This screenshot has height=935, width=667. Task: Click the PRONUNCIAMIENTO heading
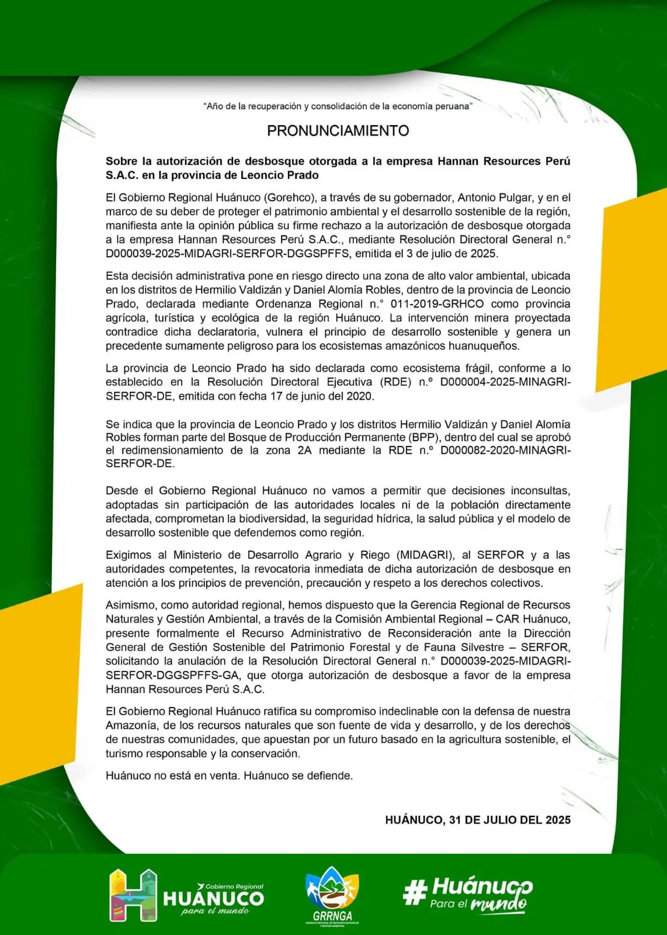click(x=338, y=130)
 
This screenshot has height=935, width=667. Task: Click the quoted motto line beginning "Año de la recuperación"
click(x=338, y=106)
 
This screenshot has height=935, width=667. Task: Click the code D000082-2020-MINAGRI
click(x=506, y=450)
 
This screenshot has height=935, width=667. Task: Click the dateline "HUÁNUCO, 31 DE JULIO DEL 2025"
click(x=478, y=820)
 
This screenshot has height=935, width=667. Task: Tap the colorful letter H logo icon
click(x=133, y=895)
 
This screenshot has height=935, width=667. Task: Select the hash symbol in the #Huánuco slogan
click(x=414, y=893)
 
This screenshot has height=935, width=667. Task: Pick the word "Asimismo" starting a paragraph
click(x=130, y=605)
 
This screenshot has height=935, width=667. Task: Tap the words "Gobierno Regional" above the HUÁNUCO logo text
click(x=234, y=886)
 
